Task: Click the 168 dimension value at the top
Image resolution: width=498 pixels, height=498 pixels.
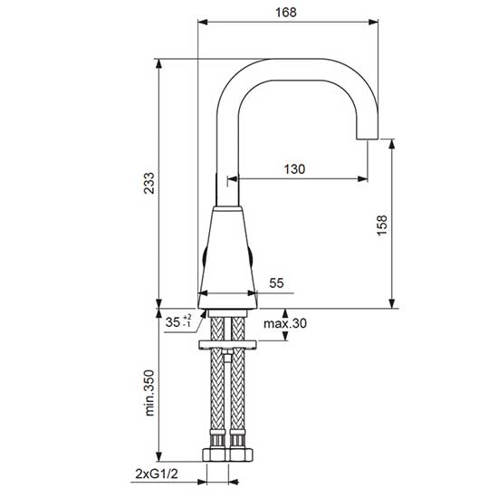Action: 286,13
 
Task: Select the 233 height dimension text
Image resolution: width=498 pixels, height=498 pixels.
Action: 149,183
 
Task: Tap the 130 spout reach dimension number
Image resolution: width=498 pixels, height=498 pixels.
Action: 294,169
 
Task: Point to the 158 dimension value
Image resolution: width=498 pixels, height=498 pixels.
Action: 382,225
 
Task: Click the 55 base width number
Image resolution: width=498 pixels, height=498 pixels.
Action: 276,283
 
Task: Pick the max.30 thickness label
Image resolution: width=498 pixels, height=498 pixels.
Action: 285,323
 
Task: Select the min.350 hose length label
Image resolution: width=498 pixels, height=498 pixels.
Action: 149,393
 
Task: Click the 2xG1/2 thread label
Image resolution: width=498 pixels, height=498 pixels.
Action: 157,474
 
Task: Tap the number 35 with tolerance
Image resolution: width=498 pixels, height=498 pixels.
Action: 178,321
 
